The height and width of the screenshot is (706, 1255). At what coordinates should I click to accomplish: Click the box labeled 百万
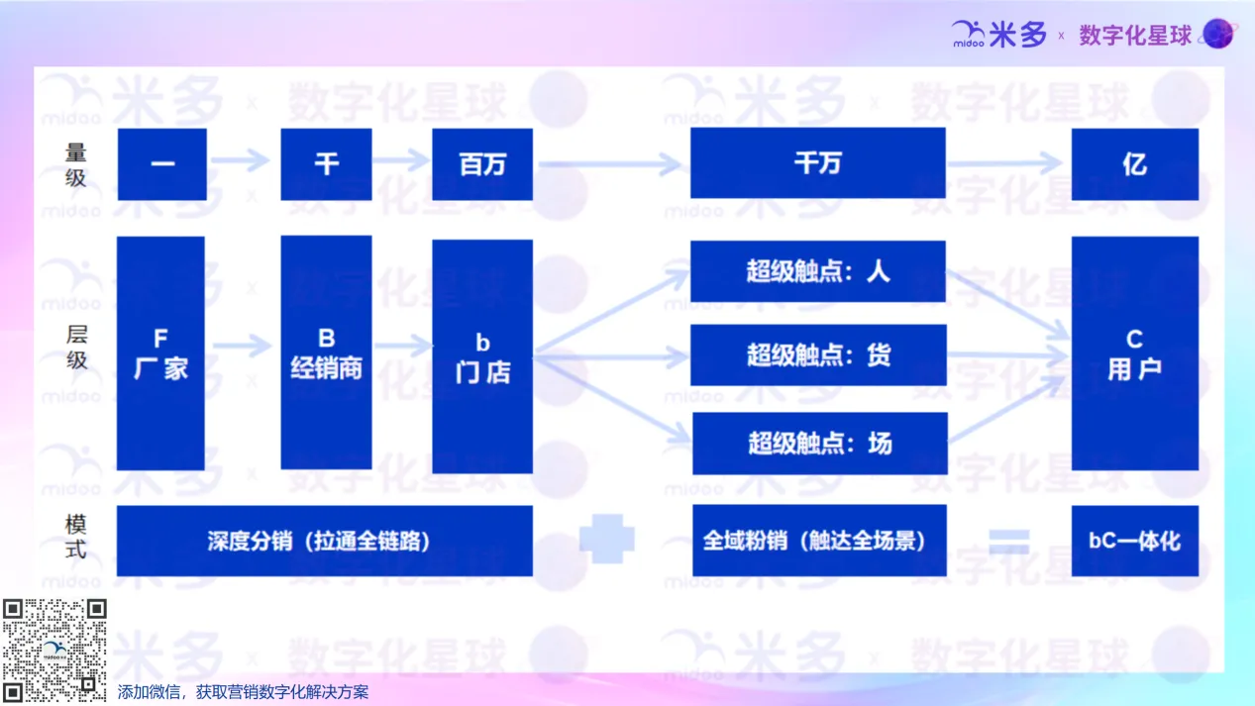point(482,164)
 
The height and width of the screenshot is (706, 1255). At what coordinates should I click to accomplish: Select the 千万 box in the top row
point(818,163)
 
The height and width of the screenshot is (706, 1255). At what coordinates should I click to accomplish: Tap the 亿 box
point(1135,164)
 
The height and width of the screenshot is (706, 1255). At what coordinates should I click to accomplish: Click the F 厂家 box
point(160,353)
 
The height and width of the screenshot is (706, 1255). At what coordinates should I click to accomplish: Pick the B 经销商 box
point(326,353)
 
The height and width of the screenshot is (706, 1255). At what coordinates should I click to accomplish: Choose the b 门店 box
point(482,356)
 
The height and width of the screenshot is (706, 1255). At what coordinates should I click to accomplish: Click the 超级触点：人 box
point(818,271)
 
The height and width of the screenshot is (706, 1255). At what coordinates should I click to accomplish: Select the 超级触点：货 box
point(818,354)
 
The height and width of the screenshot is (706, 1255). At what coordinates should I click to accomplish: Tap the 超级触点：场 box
point(820,444)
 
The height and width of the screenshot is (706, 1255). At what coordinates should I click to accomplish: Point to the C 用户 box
point(1135,353)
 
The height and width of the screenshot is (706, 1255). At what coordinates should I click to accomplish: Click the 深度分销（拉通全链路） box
point(324,541)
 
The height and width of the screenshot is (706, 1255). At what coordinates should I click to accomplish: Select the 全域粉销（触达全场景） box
point(820,541)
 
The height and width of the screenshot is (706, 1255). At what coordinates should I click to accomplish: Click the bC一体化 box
point(1135,541)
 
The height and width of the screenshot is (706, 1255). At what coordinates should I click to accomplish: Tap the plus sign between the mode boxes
point(607,539)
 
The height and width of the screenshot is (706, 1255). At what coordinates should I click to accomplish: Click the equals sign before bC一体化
point(1009,542)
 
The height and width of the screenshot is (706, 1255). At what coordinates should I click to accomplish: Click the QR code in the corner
point(54,650)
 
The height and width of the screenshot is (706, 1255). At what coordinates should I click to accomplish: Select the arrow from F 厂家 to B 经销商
point(242,346)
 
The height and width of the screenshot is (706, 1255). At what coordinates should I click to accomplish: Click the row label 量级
point(75,164)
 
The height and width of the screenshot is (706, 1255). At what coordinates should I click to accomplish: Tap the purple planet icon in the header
point(1218,34)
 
